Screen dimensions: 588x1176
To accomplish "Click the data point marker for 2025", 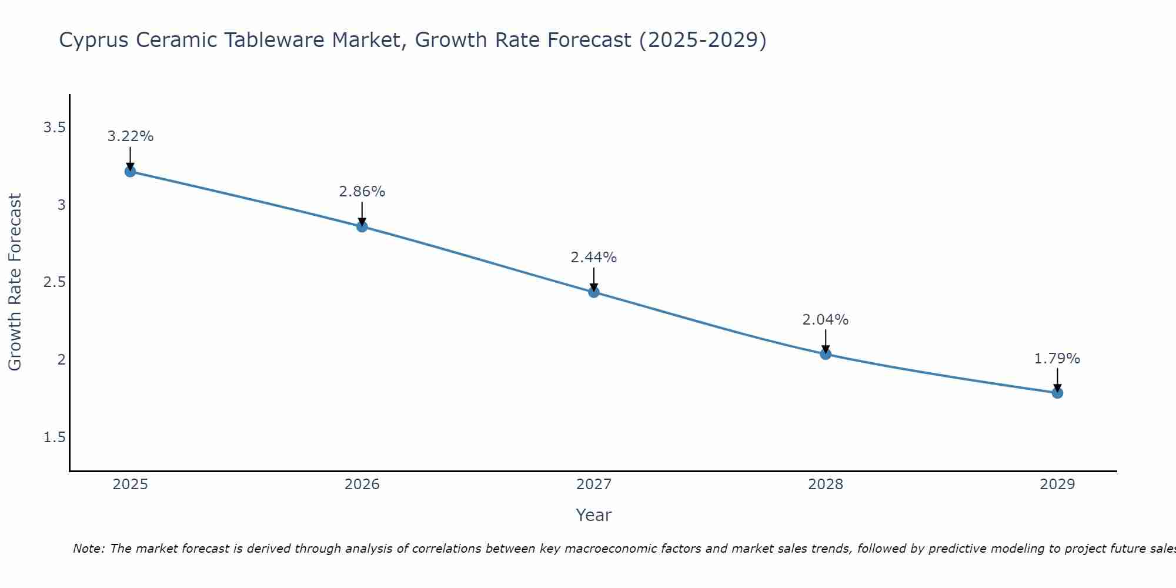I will [x=130, y=172].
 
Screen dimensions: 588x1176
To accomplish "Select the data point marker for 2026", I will [x=362, y=227].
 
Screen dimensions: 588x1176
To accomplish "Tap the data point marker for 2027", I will [x=594, y=292].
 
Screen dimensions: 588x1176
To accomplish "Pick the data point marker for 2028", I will [x=826, y=354].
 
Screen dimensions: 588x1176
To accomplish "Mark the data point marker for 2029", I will [x=1057, y=393].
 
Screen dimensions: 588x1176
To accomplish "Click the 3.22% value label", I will [x=130, y=136].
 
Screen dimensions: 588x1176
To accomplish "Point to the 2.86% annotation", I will [x=362, y=192].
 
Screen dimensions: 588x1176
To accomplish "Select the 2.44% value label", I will [x=594, y=258].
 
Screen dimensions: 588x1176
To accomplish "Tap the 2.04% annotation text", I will [x=826, y=320].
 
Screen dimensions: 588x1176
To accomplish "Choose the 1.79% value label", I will [x=1057, y=359].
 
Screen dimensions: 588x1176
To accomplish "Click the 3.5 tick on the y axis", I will [x=54, y=128].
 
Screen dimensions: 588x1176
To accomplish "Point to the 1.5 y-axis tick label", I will [x=54, y=437].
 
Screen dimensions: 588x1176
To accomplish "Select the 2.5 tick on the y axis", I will [x=54, y=282].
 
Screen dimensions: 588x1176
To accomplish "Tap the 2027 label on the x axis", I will [x=594, y=485].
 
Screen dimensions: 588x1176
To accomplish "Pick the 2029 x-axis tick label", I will [x=1057, y=485].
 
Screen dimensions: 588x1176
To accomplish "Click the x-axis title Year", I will [x=594, y=515].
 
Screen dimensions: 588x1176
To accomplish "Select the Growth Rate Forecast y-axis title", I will [x=15, y=282].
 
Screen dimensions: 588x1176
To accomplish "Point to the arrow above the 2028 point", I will [x=826, y=341].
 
